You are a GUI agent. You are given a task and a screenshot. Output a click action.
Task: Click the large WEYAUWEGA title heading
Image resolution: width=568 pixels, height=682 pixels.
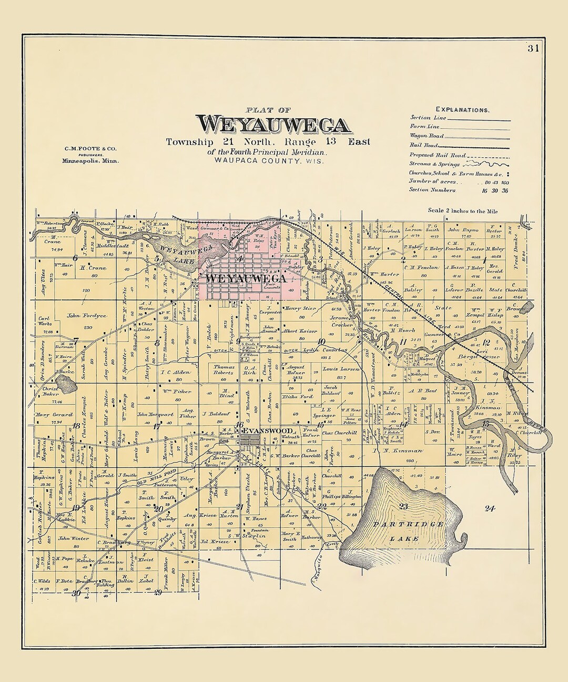[x=275, y=125]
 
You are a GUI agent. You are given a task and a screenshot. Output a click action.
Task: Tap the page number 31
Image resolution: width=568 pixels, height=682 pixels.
[x=533, y=49]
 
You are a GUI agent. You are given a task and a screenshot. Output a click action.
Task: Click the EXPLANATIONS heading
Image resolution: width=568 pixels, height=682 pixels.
[x=462, y=110]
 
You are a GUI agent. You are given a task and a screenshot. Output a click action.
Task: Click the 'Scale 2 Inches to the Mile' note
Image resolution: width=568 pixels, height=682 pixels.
[x=462, y=210]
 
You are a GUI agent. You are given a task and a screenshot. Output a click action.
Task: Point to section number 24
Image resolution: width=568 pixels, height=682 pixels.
[x=490, y=508]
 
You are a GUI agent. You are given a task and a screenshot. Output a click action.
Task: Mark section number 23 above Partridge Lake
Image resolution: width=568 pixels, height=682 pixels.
[x=404, y=506]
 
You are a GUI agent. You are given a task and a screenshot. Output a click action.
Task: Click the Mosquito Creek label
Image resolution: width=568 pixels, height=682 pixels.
[x=319, y=564]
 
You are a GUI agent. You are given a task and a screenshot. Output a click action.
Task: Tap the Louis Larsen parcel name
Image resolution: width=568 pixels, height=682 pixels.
[x=341, y=369]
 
